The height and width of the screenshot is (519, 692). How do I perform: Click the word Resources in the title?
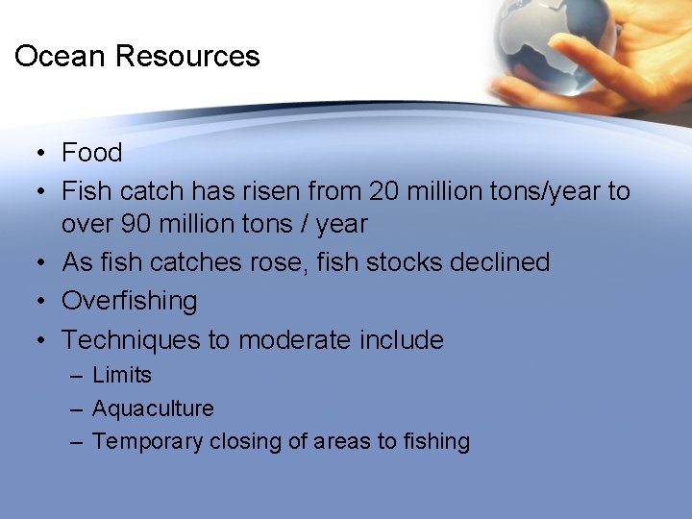[187, 56]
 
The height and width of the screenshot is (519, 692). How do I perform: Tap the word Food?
[92, 153]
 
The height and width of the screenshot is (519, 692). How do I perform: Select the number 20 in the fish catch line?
[383, 191]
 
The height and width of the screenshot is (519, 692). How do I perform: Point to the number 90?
[136, 224]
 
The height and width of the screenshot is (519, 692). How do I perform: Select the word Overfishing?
[130, 301]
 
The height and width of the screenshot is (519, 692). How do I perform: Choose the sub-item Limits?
[122, 375]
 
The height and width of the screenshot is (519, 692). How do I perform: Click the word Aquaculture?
[153, 408]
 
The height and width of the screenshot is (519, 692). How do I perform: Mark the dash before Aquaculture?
[76, 408]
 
